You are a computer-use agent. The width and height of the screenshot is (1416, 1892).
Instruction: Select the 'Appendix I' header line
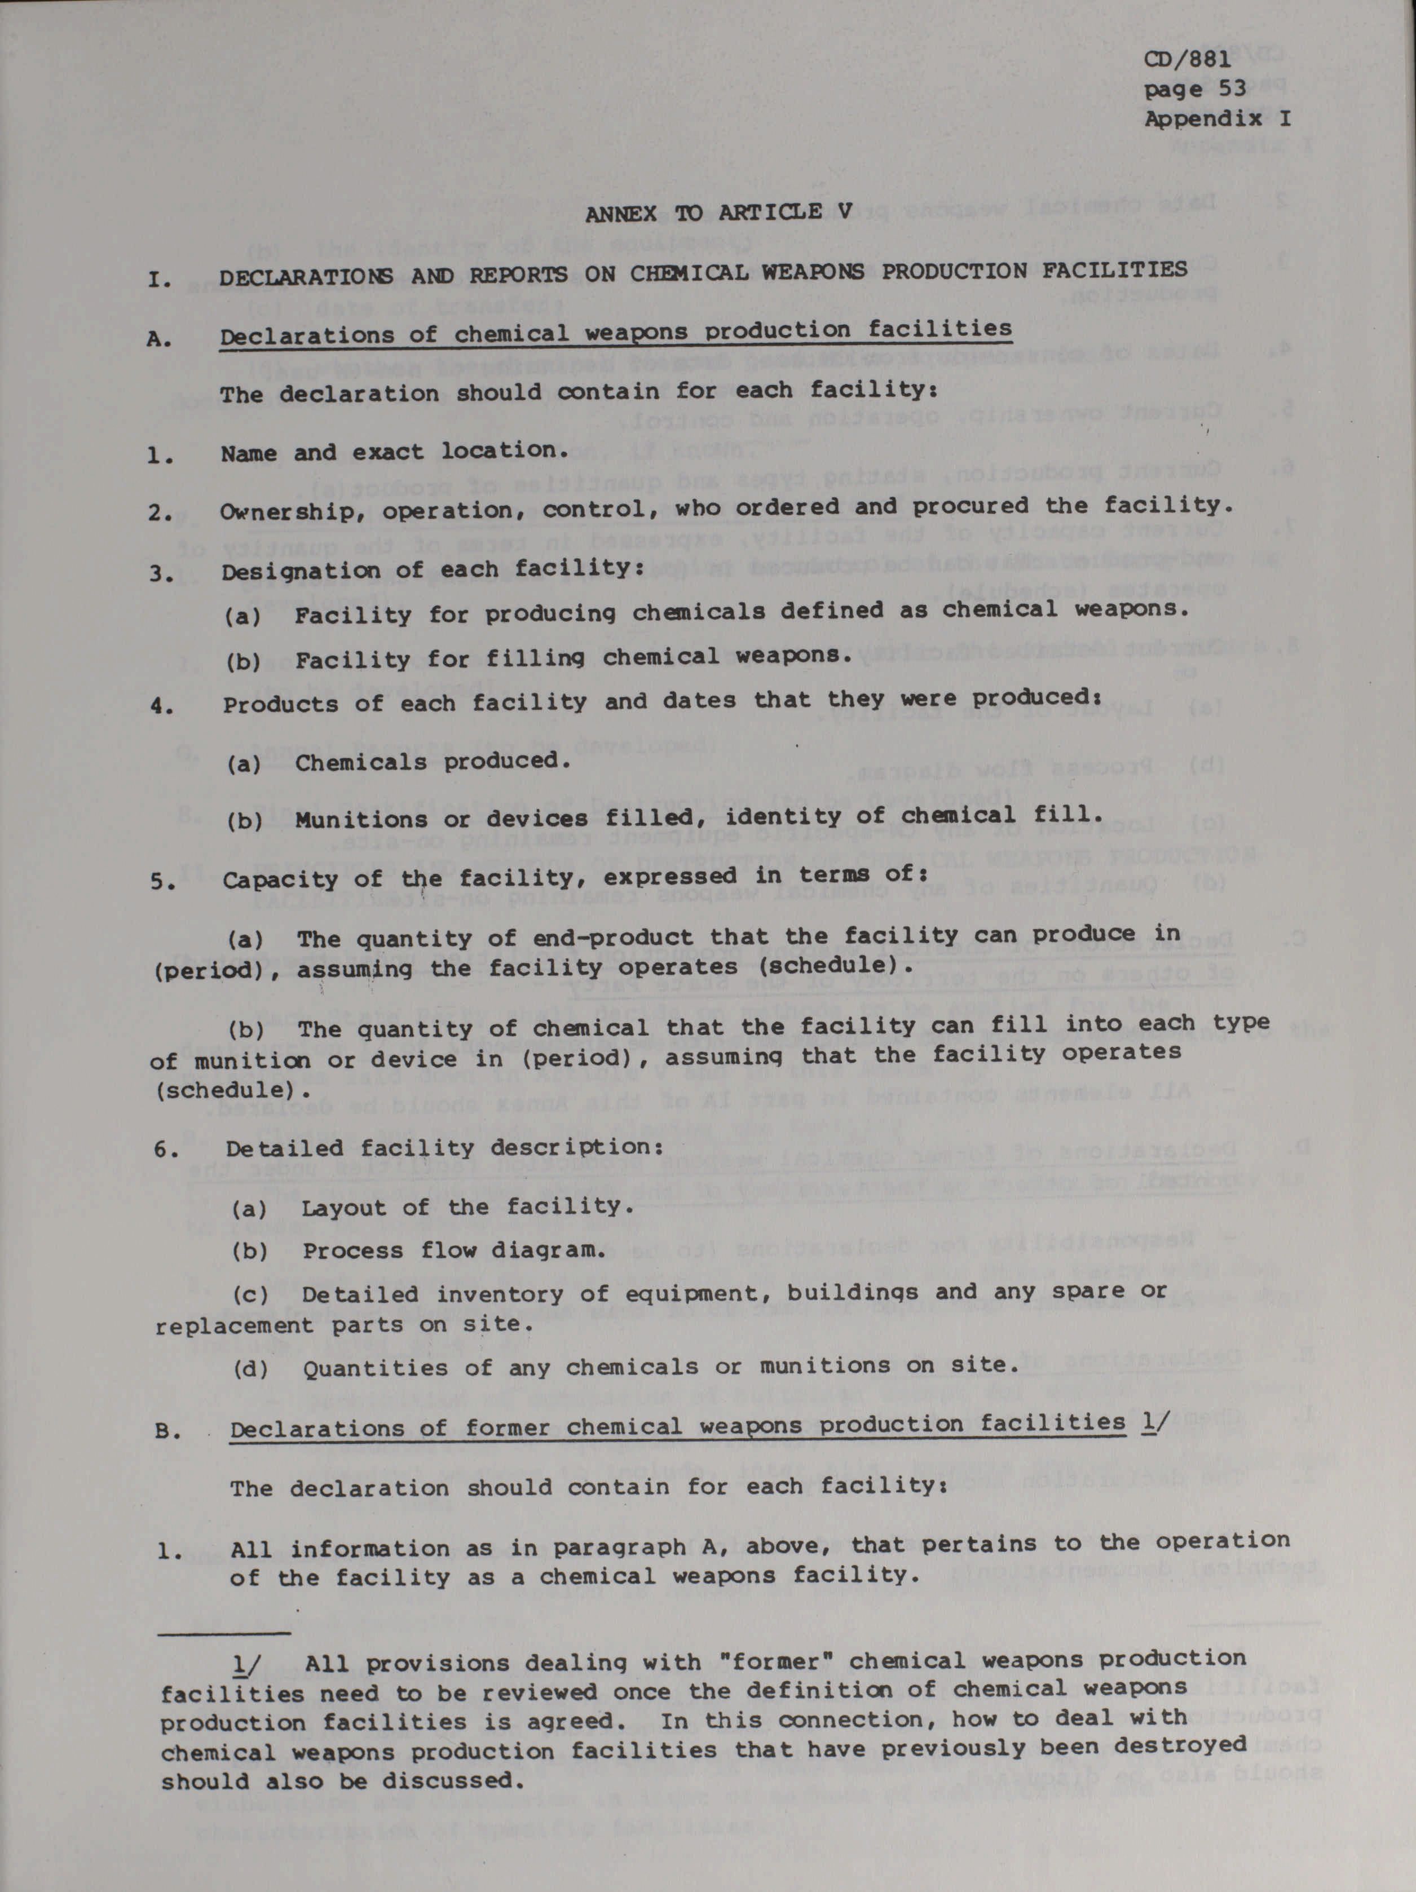click(x=1216, y=119)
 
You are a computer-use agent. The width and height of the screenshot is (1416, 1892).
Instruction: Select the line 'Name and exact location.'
click(x=394, y=451)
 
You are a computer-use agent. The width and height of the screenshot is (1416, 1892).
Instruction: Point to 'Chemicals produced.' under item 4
click(x=433, y=761)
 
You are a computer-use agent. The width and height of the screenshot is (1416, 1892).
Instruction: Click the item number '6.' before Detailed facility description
click(x=165, y=1150)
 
